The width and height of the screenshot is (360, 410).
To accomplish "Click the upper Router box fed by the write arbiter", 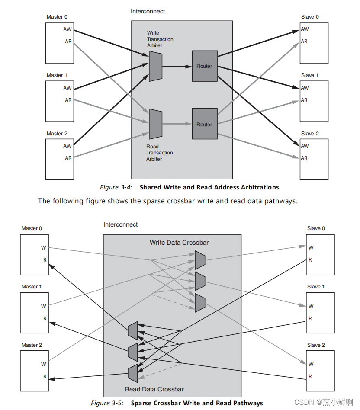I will (x=204, y=66).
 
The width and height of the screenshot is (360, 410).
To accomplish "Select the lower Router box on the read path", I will (x=204, y=124).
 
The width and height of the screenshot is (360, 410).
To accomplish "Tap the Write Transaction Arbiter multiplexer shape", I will (x=155, y=66).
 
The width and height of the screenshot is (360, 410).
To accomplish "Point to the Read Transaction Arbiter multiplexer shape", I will (x=155, y=124).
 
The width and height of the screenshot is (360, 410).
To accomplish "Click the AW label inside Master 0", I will (x=67, y=30).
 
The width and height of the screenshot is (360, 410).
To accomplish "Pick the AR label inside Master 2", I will (x=68, y=158).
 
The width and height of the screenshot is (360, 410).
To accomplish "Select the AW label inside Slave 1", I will (x=305, y=88).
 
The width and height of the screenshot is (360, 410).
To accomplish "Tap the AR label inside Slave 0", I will (x=304, y=42).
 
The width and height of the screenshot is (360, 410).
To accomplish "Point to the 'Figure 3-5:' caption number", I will (x=107, y=403).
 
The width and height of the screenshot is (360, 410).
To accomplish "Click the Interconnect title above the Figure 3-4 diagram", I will (x=148, y=11).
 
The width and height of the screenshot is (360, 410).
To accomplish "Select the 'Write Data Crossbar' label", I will (x=179, y=243).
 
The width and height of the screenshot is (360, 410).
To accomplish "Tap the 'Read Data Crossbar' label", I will (x=154, y=389).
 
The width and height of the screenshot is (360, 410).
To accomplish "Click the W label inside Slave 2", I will (x=311, y=365).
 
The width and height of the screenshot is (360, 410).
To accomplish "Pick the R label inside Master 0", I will (x=45, y=260).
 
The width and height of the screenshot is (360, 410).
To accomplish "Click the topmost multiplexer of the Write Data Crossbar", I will (x=200, y=260).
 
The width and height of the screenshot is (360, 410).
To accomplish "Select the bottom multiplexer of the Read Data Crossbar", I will (x=133, y=373).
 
